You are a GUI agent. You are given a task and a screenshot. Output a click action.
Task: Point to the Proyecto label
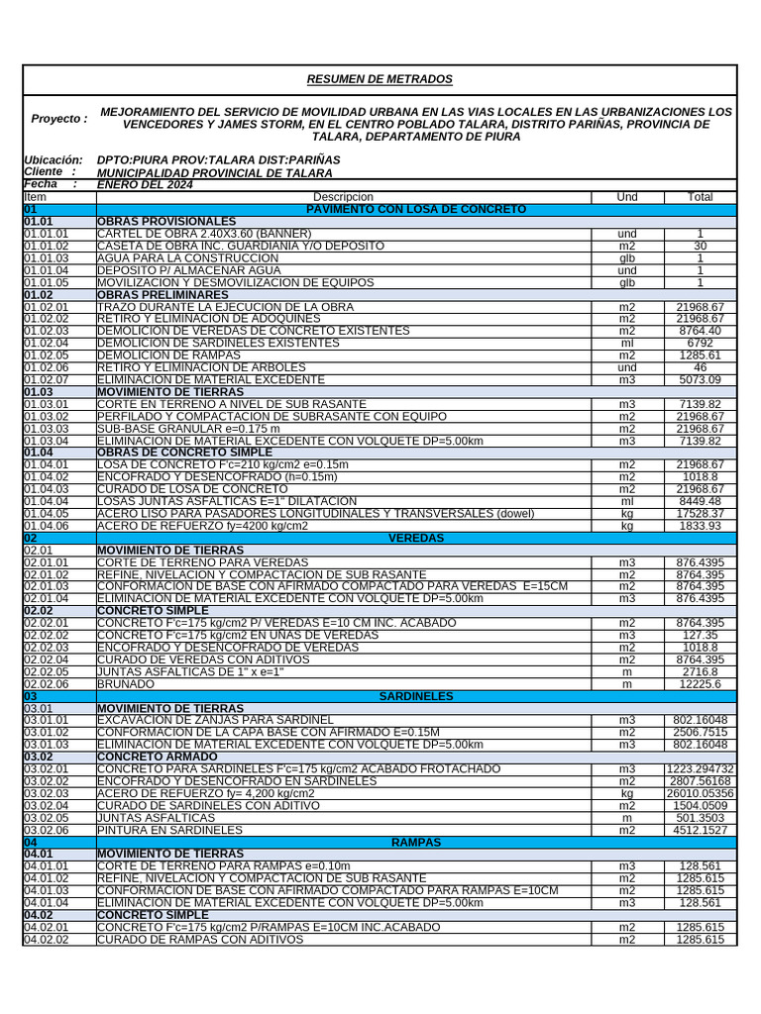(x=58, y=119)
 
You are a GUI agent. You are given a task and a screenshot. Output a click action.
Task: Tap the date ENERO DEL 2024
(x=145, y=184)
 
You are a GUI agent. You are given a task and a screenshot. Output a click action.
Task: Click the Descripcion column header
(x=343, y=197)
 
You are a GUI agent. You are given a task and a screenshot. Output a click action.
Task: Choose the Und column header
(x=627, y=197)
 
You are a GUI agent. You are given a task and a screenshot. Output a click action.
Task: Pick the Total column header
(x=700, y=197)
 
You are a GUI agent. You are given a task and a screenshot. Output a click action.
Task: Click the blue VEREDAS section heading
(x=416, y=538)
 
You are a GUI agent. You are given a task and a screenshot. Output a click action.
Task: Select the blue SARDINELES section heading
(x=416, y=696)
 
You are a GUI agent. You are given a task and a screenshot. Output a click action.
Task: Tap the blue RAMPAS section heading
(x=416, y=842)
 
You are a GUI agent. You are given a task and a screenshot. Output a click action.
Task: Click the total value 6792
(x=700, y=343)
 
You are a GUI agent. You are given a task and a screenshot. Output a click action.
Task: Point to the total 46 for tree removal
(x=700, y=367)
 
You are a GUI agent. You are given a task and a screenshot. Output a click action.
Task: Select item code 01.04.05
(x=47, y=514)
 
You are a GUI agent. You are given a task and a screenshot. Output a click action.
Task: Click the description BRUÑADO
(x=126, y=684)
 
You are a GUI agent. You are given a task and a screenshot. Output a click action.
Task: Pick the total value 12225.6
(x=700, y=684)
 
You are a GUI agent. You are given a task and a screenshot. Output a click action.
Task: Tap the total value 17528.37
(x=700, y=514)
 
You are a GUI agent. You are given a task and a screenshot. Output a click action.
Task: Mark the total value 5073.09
(x=700, y=379)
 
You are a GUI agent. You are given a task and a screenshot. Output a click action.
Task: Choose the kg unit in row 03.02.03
(x=627, y=793)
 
